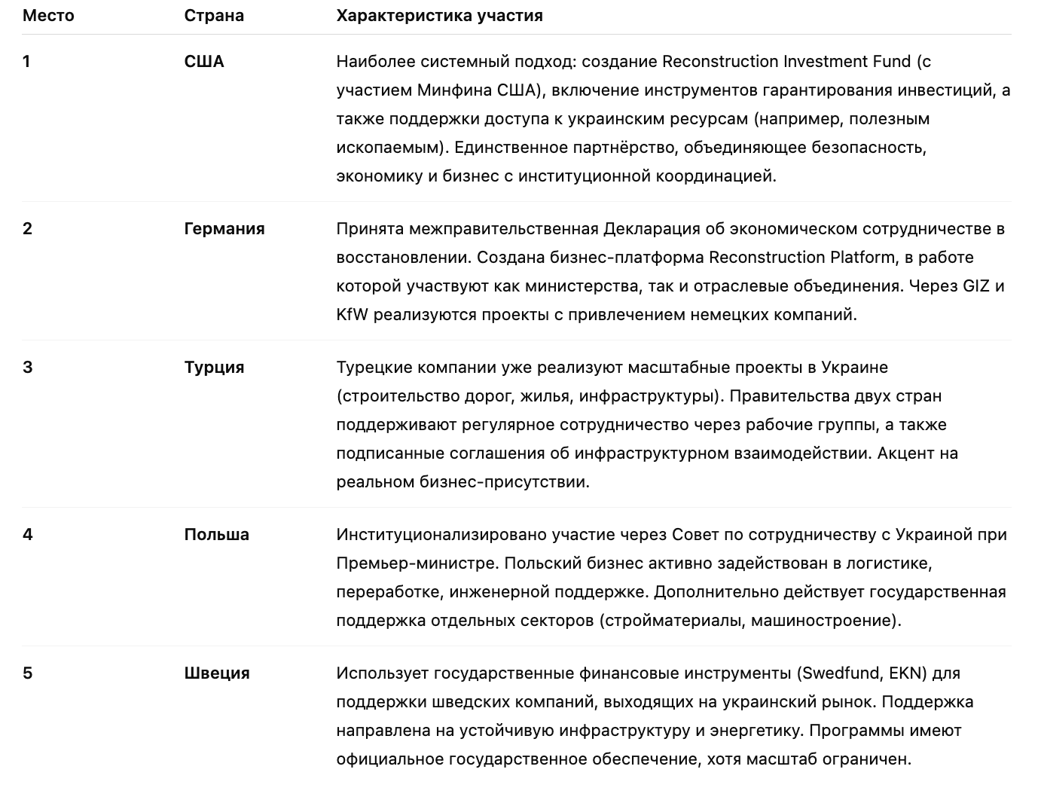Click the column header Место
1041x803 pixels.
coord(48,16)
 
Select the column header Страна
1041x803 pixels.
coord(214,16)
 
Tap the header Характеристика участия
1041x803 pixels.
coord(439,16)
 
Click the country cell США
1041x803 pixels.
coord(204,62)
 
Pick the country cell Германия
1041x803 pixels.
coord(224,229)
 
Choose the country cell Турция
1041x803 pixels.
coord(214,368)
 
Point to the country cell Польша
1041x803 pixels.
coord(216,535)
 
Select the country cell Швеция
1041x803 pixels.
coord(217,673)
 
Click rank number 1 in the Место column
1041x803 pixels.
coord(27,62)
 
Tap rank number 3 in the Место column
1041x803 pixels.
coord(28,368)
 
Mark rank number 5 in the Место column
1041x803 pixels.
coord(28,673)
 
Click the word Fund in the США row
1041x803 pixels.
coord(890,62)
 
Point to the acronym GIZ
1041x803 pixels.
coord(977,286)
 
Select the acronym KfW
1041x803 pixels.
coord(352,315)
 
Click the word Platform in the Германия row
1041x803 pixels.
coord(859,258)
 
